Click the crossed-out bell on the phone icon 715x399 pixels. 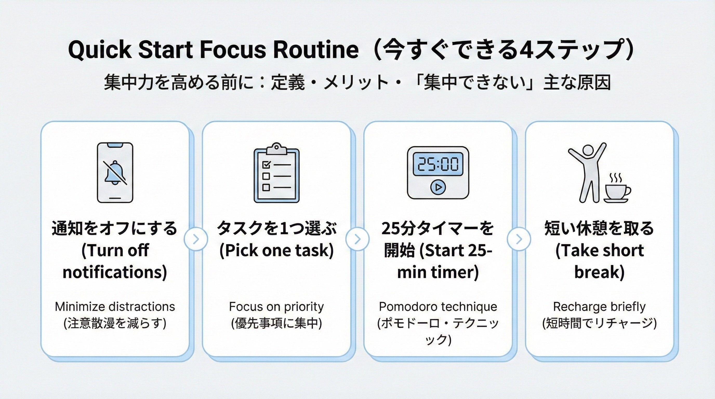pos(115,172)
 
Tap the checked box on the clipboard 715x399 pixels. pos(266,164)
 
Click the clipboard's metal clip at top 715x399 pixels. pos(276,149)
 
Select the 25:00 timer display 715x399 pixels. pos(438,164)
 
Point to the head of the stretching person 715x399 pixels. pos(587,151)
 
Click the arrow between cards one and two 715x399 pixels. pos(196,239)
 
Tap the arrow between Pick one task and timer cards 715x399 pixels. pos(357,239)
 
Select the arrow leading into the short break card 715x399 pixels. pos(519,239)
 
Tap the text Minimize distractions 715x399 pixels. pos(115,307)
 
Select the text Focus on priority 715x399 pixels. pos(276,307)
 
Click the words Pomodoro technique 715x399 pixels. pos(438,307)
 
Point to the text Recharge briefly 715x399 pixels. pos(600,307)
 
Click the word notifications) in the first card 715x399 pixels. pos(115,272)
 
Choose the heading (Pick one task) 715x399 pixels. pos(276,250)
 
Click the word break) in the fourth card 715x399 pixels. pos(600,272)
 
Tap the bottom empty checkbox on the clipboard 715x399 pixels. pos(266,187)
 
